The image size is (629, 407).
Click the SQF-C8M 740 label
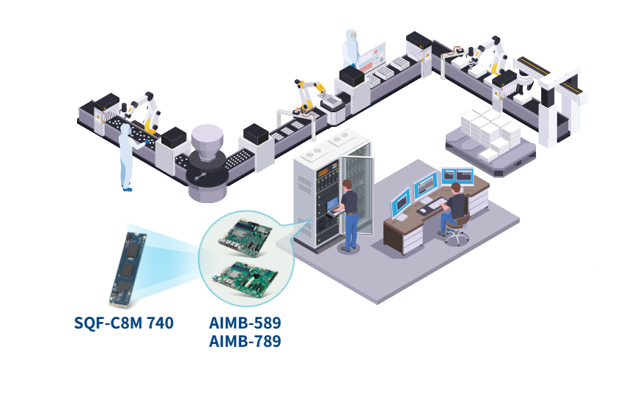123,322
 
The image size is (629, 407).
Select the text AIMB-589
245,323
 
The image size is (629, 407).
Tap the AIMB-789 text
245,341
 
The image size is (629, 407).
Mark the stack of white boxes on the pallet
490,131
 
